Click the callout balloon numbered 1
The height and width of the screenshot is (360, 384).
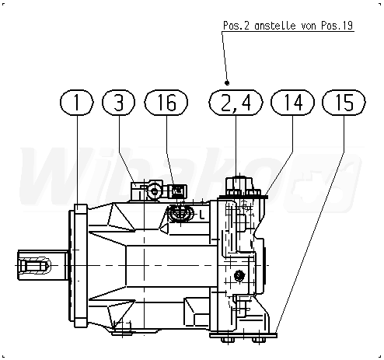(77, 103)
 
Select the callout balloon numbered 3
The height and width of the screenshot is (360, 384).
(119, 103)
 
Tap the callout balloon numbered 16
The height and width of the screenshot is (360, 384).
(166, 103)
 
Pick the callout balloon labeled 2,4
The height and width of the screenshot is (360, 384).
(236, 103)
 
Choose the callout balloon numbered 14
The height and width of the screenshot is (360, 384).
(292, 103)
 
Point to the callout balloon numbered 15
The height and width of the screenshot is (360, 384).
(344, 103)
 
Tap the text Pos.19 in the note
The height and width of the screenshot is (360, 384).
(337, 26)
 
